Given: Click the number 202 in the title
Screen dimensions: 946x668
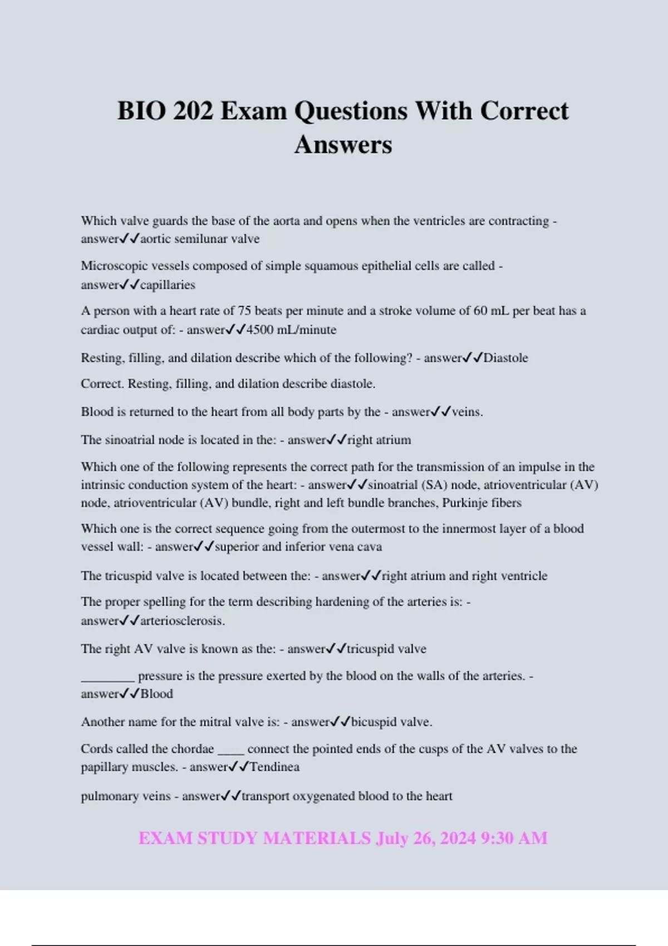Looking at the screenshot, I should [x=193, y=111].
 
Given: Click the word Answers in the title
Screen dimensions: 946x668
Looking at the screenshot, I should [x=343, y=145].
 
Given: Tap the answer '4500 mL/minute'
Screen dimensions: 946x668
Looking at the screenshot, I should [x=291, y=330].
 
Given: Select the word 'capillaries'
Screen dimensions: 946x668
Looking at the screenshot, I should [x=168, y=285].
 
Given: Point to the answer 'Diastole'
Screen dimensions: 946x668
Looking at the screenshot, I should [x=505, y=358].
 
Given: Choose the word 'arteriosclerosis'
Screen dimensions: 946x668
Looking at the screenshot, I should [x=181, y=621].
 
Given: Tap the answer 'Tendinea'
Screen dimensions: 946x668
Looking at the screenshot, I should [x=274, y=767].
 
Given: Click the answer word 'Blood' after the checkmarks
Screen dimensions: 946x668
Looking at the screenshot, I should [x=156, y=694].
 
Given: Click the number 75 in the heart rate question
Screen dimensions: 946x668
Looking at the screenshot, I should [x=244, y=311].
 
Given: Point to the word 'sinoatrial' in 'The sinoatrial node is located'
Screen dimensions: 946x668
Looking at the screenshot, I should [x=130, y=440].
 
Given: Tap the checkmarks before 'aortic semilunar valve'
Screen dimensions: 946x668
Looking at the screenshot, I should [x=130, y=239].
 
